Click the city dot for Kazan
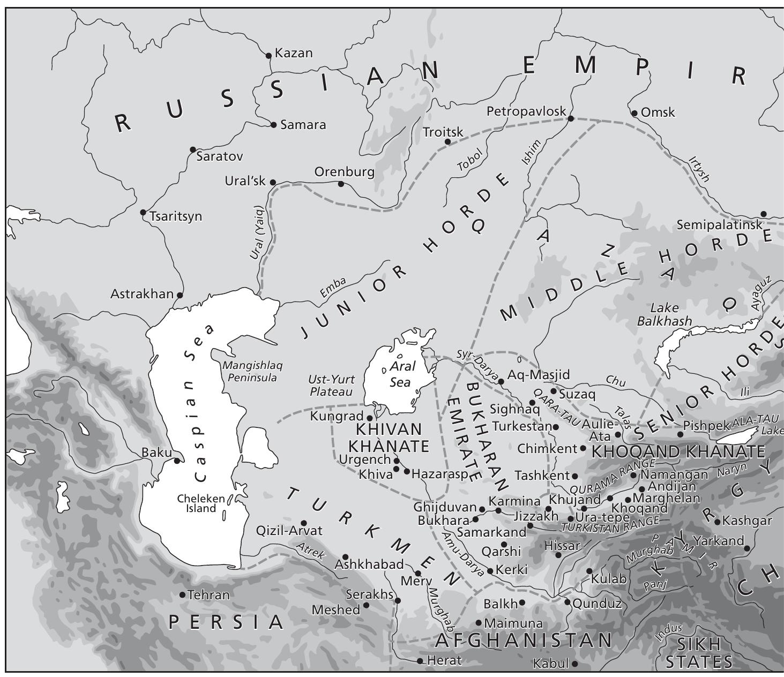click(269, 55)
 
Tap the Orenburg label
click(344, 172)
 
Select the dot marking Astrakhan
click(180, 295)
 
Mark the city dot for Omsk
click(634, 113)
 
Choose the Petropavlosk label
click(526, 111)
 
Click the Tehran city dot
click(182, 595)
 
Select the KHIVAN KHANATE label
click(389, 438)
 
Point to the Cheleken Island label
click(201, 503)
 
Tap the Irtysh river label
click(699, 169)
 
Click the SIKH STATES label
click(699, 652)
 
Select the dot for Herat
click(420, 661)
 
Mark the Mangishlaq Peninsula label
click(252, 371)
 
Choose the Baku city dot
click(177, 461)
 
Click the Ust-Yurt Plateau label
click(332, 386)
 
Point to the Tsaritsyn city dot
click(143, 213)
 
